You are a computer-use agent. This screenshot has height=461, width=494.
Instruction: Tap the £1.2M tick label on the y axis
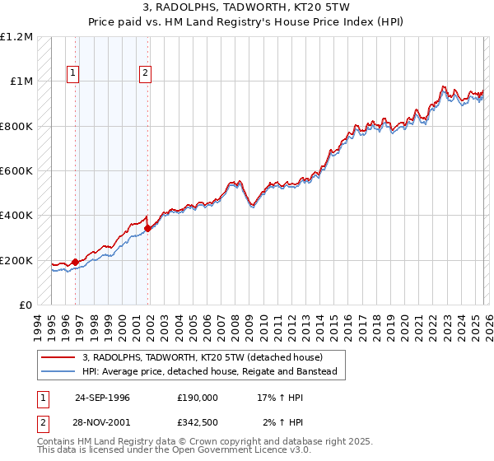[x=17, y=37]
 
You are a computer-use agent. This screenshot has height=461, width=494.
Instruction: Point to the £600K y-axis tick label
[x=16, y=171]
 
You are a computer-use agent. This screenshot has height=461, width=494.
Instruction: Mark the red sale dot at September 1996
[x=76, y=263]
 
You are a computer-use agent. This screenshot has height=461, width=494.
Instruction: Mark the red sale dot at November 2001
[x=148, y=228]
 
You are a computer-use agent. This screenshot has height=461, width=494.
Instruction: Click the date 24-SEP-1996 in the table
[x=102, y=397]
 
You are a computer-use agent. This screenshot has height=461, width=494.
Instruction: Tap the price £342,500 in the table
[x=197, y=421]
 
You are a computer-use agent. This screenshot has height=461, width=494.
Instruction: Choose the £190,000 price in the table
[x=197, y=397]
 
